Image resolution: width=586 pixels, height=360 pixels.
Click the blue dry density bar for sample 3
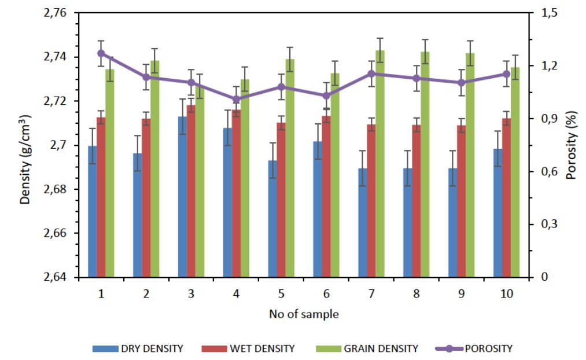182,197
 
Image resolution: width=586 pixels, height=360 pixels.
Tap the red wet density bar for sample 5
281,200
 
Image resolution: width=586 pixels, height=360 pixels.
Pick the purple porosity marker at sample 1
101,53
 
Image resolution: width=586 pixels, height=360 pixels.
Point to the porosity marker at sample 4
236,99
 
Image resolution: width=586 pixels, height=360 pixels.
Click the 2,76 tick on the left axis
56,13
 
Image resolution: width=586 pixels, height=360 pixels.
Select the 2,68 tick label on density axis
56,189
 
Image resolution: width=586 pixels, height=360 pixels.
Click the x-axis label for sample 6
326,294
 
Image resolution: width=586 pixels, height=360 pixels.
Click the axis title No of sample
304,315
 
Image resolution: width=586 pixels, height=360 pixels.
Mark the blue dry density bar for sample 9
452,223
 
